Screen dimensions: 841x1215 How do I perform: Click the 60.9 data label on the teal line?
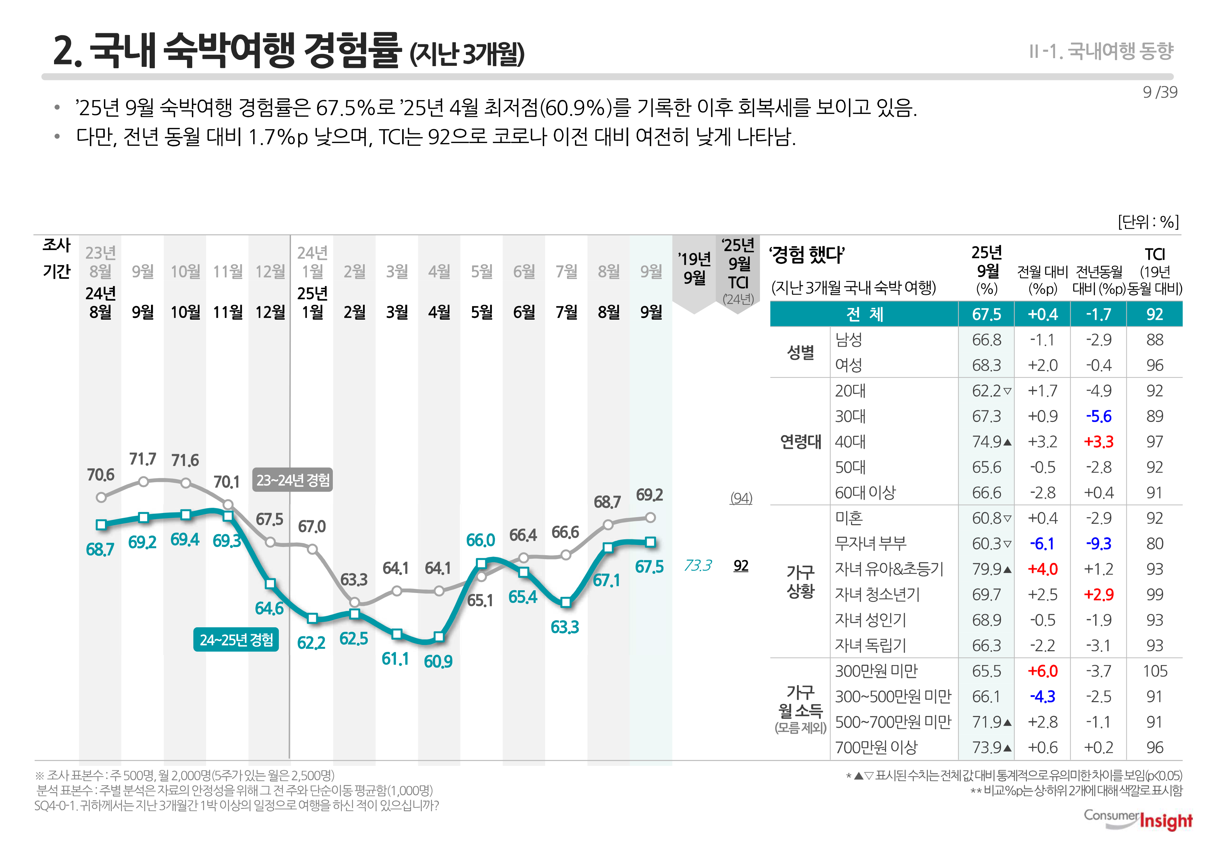(438, 661)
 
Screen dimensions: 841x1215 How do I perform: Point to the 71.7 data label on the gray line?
(143, 459)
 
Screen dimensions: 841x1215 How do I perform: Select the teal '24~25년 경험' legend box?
(236, 640)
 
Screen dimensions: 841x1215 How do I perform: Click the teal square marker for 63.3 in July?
(565, 602)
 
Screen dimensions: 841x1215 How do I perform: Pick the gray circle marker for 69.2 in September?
(650, 517)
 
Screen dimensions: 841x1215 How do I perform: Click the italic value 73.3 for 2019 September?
(698, 565)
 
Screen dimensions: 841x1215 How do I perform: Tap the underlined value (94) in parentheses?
(741, 498)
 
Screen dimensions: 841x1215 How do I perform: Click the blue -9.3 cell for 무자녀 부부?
(1099, 543)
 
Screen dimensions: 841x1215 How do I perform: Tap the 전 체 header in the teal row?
(864, 314)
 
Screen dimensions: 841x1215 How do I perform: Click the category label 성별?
(800, 352)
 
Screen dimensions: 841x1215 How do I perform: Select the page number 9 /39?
(1160, 92)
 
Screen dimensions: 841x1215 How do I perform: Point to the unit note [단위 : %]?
(1148, 222)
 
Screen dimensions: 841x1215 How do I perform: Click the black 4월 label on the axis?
(439, 312)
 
